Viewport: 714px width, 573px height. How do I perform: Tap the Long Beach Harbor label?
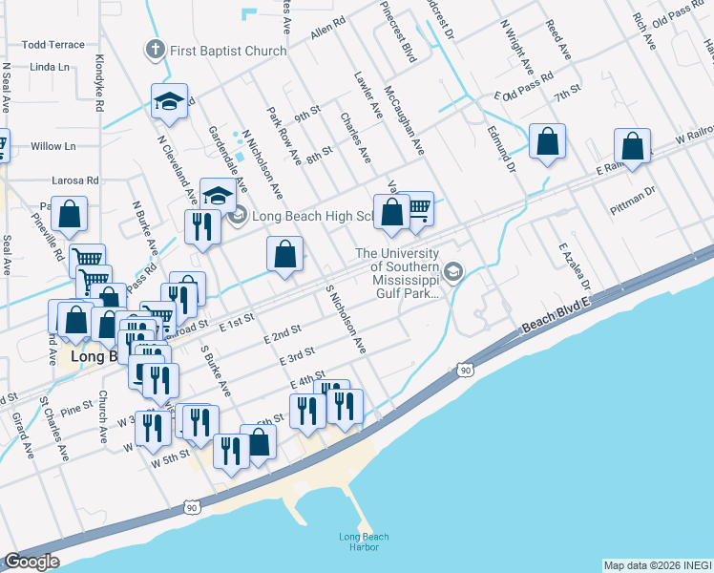tap(359, 541)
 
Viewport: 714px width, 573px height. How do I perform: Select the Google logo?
tap(31, 562)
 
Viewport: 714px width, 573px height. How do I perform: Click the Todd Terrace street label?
tap(52, 45)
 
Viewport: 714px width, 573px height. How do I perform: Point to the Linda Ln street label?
tap(50, 68)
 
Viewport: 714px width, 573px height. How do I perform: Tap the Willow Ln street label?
tap(52, 146)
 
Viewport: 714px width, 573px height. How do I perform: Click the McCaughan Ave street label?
tap(403, 121)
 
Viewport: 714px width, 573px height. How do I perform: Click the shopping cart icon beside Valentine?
tap(418, 207)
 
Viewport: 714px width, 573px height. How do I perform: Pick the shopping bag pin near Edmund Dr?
tap(548, 143)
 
